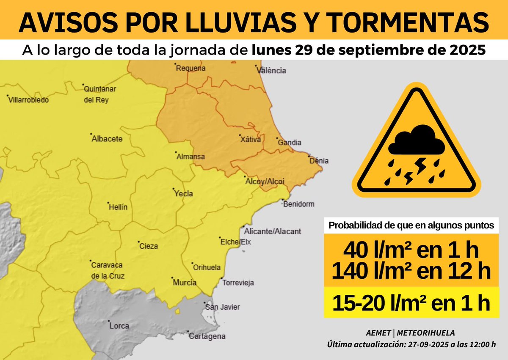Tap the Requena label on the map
pos(190,68)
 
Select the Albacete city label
pos(107,139)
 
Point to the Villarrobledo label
pos(29,100)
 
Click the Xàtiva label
pos(250,139)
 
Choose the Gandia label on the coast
pos(290,143)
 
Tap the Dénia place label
pos(319,161)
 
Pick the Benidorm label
pos(298,204)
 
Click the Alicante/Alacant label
pos(273,231)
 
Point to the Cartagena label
pos(207,337)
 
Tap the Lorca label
pos(119,326)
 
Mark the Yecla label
pos(184,194)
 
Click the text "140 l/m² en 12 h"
pos(411,271)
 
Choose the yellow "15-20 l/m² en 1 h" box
pos(411,302)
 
